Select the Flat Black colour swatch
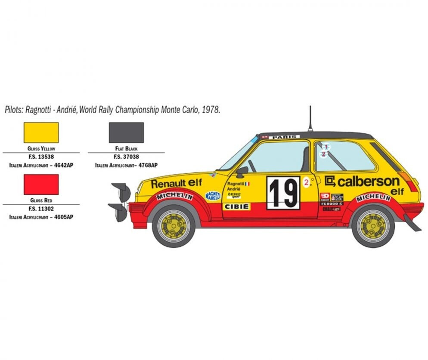pos(126,132)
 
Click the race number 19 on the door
pos(283,193)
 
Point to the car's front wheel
pos(174,225)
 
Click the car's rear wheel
pos(372,225)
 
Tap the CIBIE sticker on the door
pos(236,206)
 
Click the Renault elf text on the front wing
pos(176,183)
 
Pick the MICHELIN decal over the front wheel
pos(174,197)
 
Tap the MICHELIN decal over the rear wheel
pos(373,197)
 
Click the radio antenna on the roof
pos(309,118)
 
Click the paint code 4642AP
pos(63,165)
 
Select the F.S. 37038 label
pos(126,157)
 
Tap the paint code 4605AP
pos(63,217)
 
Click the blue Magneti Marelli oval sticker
pos(213,196)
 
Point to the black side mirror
pos(242,171)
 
